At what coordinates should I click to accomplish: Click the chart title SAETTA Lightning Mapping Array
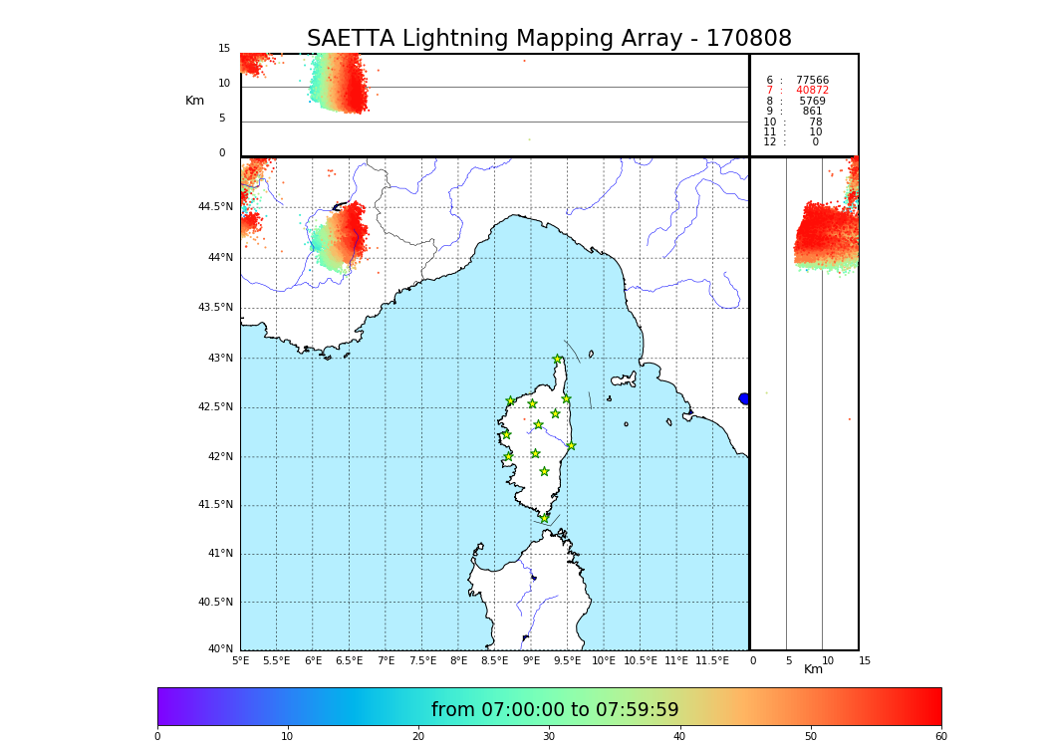[549, 39]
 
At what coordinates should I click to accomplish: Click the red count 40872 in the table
[812, 91]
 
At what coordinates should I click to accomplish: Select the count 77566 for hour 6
[812, 81]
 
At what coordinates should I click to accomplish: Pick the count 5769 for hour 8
[812, 102]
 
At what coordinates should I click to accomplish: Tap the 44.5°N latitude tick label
[215, 207]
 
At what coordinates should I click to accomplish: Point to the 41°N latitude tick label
[218, 554]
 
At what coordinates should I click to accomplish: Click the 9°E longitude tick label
[531, 660]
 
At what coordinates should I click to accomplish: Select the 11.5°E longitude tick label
[712, 660]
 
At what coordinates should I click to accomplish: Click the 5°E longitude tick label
[240, 660]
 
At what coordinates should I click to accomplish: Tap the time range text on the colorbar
[555, 710]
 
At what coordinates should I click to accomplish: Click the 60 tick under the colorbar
[940, 737]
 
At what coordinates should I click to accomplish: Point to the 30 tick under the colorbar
[549, 737]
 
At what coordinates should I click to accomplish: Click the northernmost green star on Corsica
[558, 360]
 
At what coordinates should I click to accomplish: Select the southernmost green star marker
[544, 518]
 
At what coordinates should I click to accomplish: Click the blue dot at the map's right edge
[744, 398]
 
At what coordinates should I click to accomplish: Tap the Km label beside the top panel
[194, 101]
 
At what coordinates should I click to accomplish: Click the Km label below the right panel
[813, 669]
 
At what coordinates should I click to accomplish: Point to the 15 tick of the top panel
[224, 49]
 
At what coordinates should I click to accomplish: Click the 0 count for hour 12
[815, 142]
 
